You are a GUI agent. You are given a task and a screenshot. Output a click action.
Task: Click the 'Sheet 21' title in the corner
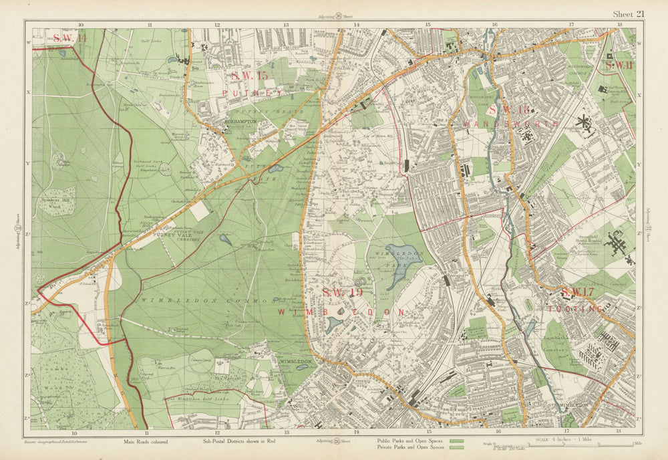tap(629, 14)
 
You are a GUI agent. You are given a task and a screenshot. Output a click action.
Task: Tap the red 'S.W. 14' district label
tap(70, 38)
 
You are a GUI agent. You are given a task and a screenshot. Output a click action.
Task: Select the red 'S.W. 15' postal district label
tap(244, 77)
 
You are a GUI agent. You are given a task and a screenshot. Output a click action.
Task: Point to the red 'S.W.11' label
tap(618, 65)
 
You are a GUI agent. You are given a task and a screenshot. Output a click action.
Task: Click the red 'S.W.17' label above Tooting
tap(577, 293)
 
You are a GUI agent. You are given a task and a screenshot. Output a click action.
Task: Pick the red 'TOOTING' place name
tap(575, 308)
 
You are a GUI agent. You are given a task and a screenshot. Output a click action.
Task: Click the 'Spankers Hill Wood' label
tap(56, 201)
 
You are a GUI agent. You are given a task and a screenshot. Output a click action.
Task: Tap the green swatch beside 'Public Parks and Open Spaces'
tap(458, 442)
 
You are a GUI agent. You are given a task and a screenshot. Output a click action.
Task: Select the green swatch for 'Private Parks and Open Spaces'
tap(458, 448)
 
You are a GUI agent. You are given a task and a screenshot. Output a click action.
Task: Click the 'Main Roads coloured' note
tap(146, 442)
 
